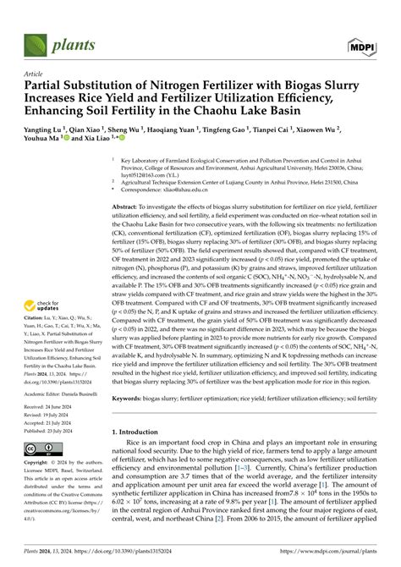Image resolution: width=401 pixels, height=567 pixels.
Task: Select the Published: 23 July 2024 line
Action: pyautogui.click(x=54, y=429)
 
